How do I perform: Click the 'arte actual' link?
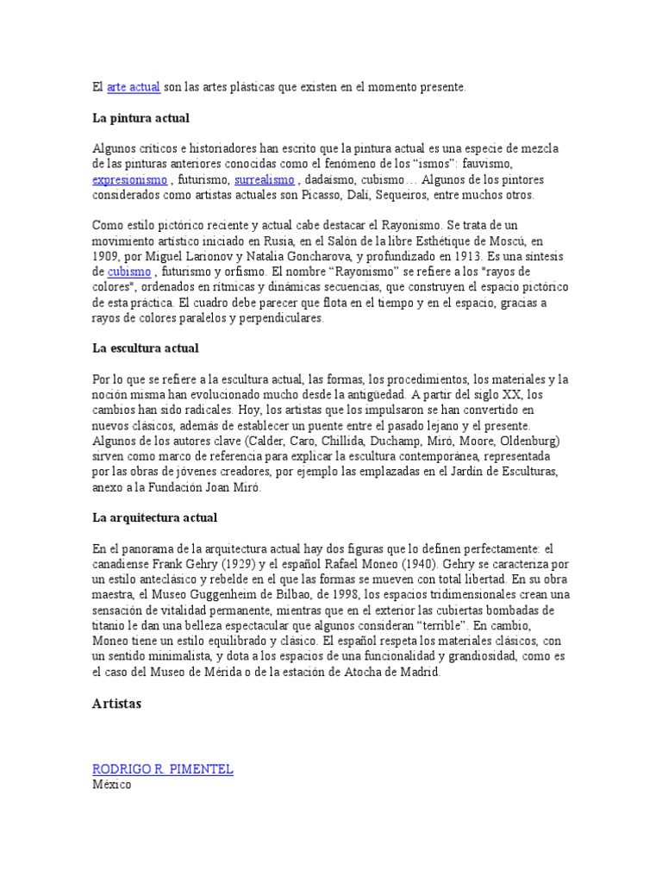[134, 87]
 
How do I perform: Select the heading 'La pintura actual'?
[141, 117]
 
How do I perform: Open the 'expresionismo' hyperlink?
[129, 180]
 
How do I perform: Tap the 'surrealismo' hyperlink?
[265, 180]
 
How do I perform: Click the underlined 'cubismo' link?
[129, 272]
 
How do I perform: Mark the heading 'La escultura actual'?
[146, 348]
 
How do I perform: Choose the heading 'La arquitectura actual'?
[154, 517]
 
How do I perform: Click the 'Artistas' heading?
[116, 704]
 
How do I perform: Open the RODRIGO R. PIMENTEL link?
[163, 769]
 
